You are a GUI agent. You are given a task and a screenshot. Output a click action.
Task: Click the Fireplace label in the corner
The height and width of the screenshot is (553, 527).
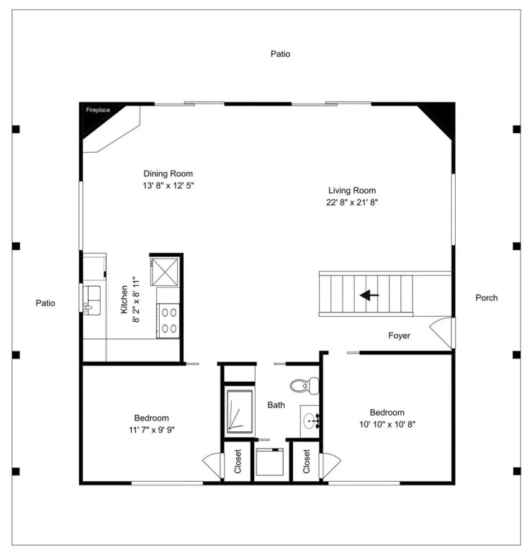point(98,110)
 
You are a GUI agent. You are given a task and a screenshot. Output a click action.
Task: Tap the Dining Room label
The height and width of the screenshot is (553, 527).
point(168,174)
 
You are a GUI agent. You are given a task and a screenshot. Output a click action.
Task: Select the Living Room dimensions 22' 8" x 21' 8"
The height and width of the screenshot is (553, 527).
point(352,202)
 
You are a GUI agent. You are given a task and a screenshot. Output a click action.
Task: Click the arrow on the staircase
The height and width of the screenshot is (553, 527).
point(369,295)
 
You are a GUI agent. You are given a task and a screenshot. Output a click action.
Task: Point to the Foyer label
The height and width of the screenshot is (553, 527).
point(399,336)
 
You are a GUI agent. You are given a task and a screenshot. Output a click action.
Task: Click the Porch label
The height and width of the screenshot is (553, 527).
point(487,297)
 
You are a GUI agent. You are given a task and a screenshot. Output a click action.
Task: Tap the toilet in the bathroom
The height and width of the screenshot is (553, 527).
point(305,385)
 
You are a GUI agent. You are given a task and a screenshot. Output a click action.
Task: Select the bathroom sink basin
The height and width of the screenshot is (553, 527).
point(310,421)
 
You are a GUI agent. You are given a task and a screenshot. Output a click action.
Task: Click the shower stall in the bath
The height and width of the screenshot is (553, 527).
point(240,411)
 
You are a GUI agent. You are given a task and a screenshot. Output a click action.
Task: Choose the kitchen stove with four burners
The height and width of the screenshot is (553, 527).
point(168,320)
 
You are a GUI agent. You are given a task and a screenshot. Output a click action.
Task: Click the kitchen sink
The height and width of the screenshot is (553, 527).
point(92,300)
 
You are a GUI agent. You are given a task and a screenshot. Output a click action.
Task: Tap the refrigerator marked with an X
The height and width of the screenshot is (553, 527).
point(164,271)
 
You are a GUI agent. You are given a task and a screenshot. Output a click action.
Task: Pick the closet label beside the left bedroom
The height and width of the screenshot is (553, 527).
point(238,461)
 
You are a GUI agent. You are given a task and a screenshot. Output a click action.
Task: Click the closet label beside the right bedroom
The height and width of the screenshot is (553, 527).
point(306,461)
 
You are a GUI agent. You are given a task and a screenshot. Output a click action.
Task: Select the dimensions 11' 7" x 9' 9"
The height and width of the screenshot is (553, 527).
point(152,430)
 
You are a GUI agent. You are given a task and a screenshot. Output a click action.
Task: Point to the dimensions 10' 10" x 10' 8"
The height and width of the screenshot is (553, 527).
point(387,424)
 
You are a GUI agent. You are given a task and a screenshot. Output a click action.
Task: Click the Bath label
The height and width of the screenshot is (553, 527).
point(276,405)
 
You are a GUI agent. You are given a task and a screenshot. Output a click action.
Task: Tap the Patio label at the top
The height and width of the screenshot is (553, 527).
point(281,54)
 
